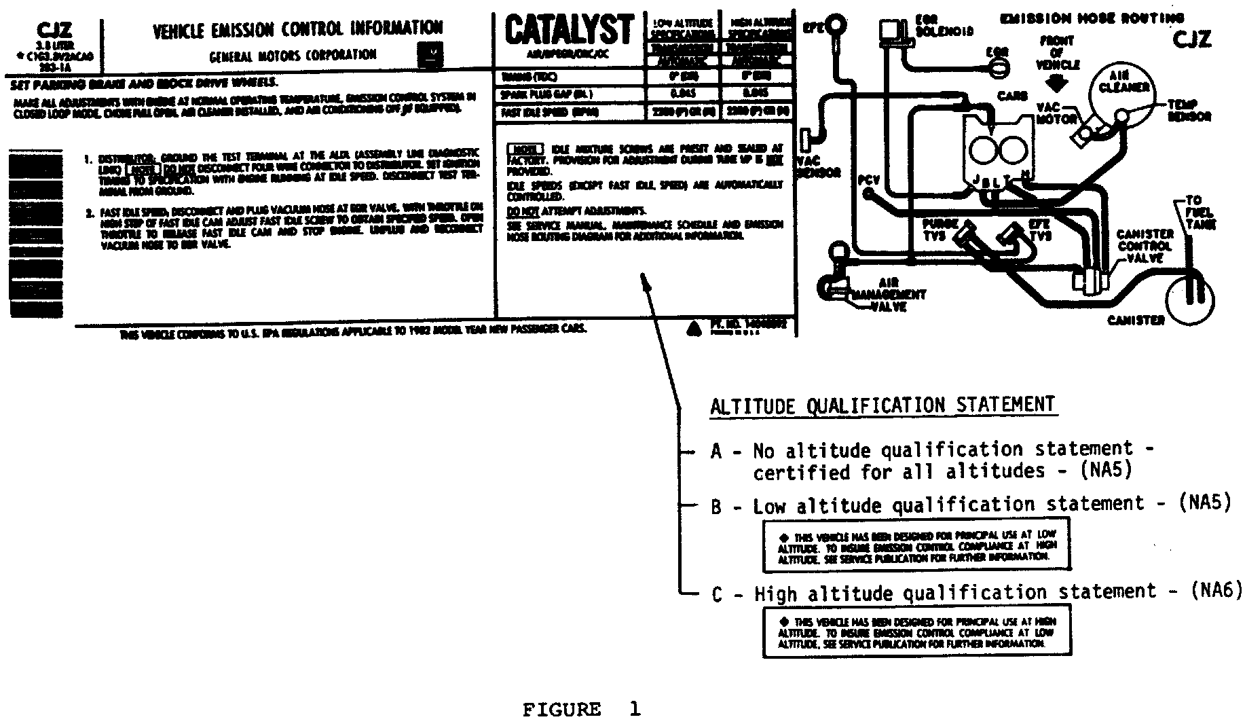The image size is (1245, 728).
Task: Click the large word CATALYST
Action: [569, 31]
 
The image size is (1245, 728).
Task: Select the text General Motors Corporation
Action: [293, 55]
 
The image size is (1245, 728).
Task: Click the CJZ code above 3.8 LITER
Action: [54, 31]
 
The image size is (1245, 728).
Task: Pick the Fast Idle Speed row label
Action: [549, 112]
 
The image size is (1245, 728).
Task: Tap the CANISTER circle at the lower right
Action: [1189, 297]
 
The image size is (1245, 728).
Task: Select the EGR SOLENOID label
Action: [944, 26]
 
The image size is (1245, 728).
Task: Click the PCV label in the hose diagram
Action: [868, 180]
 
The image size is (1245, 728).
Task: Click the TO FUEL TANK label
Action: [1200, 212]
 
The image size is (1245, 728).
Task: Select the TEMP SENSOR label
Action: [1189, 110]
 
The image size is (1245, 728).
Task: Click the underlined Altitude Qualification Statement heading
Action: [882, 406]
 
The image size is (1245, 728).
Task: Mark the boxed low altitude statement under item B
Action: [916, 546]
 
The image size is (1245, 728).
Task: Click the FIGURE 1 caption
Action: [581, 710]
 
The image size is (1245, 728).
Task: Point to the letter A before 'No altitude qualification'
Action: [716, 451]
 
